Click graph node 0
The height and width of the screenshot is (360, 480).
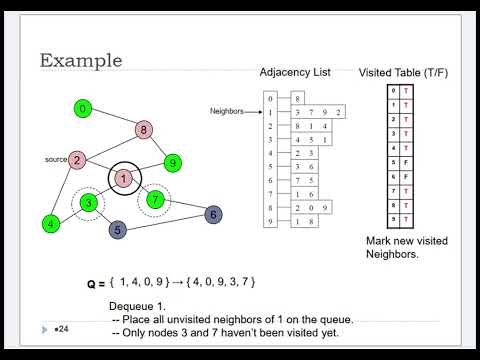tap(84, 108)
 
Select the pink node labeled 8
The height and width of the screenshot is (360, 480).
tap(144, 129)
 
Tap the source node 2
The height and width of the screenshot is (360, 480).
tap(77, 159)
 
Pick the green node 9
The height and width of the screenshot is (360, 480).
tap(173, 161)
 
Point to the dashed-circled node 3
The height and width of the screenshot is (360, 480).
tap(88, 203)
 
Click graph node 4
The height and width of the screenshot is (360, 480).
tap(50, 224)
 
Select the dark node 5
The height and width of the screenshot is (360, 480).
tap(118, 230)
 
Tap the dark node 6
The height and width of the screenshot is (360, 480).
tap(211, 214)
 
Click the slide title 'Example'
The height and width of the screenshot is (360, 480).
tap(81, 61)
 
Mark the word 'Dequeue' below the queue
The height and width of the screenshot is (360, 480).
tap(133, 306)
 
